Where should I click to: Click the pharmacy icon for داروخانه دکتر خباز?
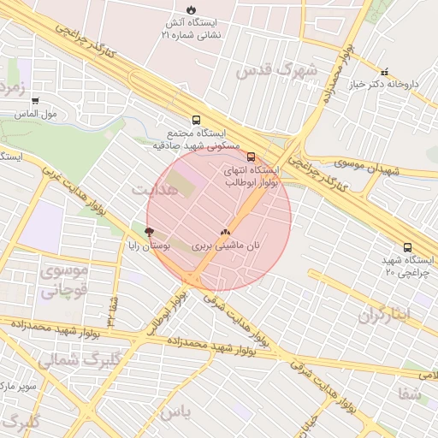pos(384,73)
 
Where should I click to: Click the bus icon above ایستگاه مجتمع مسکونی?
pos(197,121)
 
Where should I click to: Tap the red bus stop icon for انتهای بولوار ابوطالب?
pos(251,157)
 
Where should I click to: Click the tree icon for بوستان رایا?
pos(150,232)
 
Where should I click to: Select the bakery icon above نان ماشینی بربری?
pos(226,231)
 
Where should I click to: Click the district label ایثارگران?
pos(384,315)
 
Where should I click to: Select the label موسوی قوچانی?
pos(64,280)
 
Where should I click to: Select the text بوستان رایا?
pos(150,246)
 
